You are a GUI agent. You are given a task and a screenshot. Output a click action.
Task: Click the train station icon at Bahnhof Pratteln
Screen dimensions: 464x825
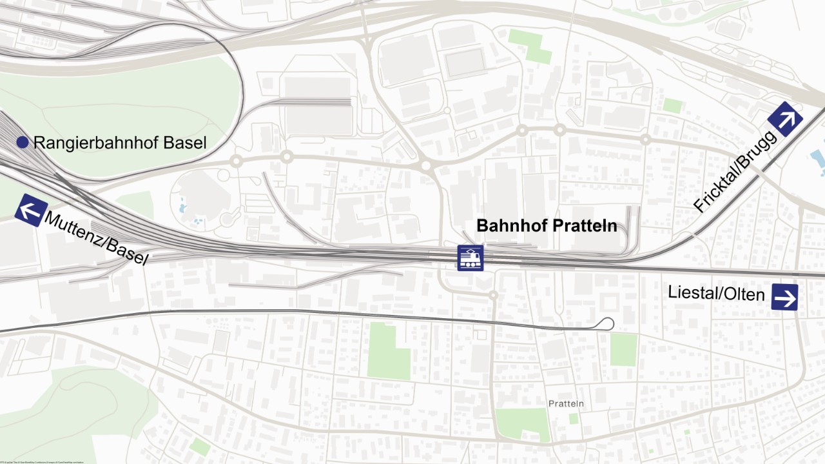coord(471,258)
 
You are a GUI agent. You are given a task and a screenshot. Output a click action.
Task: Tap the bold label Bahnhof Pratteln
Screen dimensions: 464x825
coord(547,226)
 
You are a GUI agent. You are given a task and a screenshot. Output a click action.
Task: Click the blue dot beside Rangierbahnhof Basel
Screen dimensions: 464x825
coord(23,143)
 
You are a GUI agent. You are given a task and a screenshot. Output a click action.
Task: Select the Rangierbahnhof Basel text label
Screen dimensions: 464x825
coord(120,143)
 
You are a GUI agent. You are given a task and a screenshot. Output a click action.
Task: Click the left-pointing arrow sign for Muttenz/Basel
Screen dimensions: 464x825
coord(31,210)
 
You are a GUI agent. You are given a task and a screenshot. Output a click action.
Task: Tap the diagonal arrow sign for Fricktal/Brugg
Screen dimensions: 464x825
coord(785,119)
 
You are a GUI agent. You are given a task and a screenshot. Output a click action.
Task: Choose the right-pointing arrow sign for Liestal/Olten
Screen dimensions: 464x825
coord(784,298)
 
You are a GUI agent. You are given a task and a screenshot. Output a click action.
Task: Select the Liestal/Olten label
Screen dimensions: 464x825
coord(716,294)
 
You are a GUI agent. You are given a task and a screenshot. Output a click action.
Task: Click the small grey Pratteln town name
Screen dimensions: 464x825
coord(566,404)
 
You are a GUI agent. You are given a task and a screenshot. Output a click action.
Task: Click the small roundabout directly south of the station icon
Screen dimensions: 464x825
coord(493,295)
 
